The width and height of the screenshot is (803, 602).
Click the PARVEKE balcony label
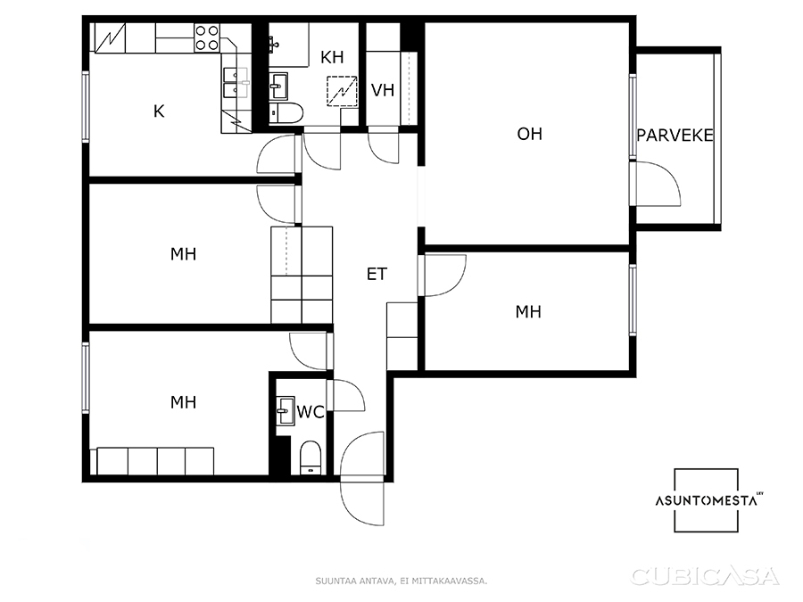675,136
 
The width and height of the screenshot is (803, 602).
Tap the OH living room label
529,134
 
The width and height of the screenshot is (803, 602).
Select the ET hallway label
377,275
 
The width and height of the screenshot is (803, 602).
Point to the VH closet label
383,91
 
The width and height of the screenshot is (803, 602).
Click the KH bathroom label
332,57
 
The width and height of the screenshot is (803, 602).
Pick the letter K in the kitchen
159,111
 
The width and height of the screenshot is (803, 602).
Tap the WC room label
310,411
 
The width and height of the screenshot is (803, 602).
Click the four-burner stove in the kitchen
207,37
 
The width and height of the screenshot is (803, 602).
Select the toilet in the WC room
310,458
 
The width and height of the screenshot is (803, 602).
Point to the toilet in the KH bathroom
286,112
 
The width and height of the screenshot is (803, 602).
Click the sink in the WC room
285,410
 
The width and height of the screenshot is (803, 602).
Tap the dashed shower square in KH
342,92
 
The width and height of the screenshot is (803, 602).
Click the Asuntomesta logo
707,500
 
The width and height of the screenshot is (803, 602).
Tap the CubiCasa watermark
705,576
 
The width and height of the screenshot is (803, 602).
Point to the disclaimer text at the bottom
401,581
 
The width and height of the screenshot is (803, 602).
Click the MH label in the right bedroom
528,312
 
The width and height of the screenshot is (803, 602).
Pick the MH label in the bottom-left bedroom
183,402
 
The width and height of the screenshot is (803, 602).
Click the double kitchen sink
236,83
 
